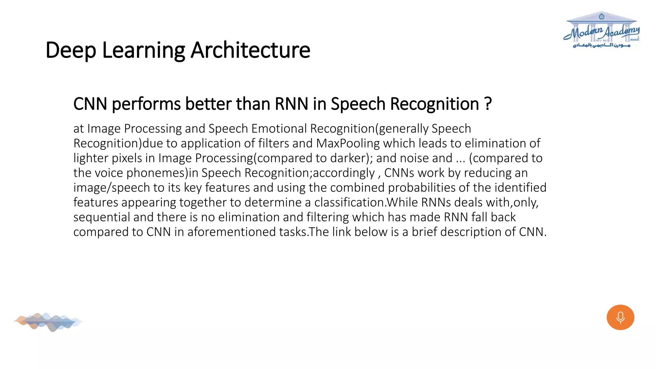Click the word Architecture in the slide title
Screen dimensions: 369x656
(250, 50)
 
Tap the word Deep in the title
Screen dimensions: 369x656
(70, 50)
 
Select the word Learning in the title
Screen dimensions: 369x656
(143, 50)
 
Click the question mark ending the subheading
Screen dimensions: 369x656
(488, 104)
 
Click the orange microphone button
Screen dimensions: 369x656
(620, 317)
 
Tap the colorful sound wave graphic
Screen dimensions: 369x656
(48, 322)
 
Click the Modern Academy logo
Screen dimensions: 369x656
(602, 30)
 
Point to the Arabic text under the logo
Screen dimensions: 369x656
(601, 45)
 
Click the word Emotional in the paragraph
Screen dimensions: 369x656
(279, 128)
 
